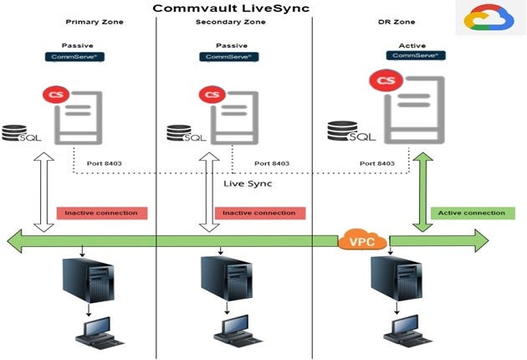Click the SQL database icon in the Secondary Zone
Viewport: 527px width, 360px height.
tap(182, 134)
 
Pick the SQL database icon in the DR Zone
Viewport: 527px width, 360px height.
tap(346, 131)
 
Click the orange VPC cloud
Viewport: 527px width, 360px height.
tap(361, 242)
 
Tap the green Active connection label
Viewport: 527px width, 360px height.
tap(472, 213)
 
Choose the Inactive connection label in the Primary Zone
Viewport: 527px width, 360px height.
tap(102, 213)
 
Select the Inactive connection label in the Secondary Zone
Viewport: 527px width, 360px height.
tap(258, 213)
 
